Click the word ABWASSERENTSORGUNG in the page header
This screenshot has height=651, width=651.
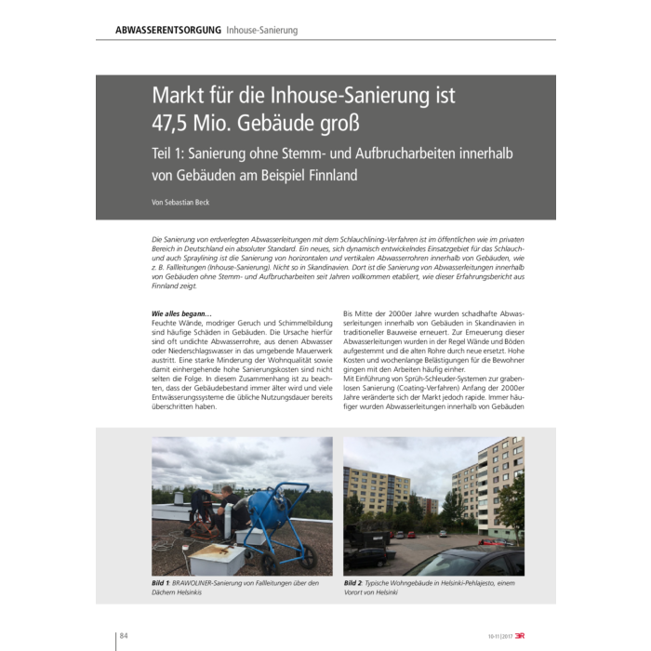(x=167, y=30)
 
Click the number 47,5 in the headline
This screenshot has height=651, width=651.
(x=177, y=122)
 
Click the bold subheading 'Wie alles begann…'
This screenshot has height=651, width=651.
(x=181, y=313)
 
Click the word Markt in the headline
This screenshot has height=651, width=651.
(x=180, y=96)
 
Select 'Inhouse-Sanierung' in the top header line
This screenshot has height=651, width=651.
(x=262, y=30)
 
